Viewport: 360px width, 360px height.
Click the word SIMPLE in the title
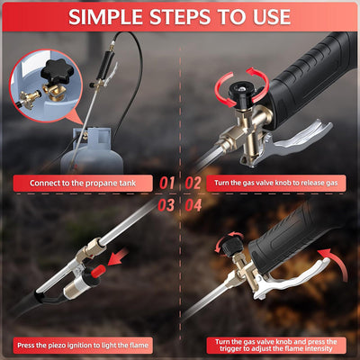point(113,17)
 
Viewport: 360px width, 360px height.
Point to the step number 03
point(166,204)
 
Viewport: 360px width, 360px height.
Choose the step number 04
point(192,204)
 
